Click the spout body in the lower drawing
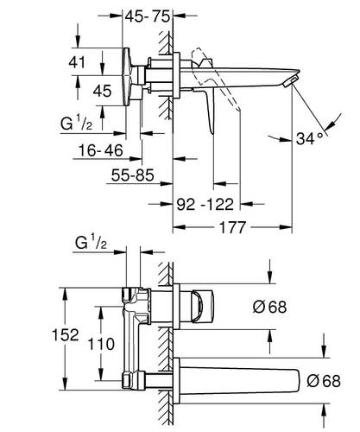pyautogui.click(x=242, y=378)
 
